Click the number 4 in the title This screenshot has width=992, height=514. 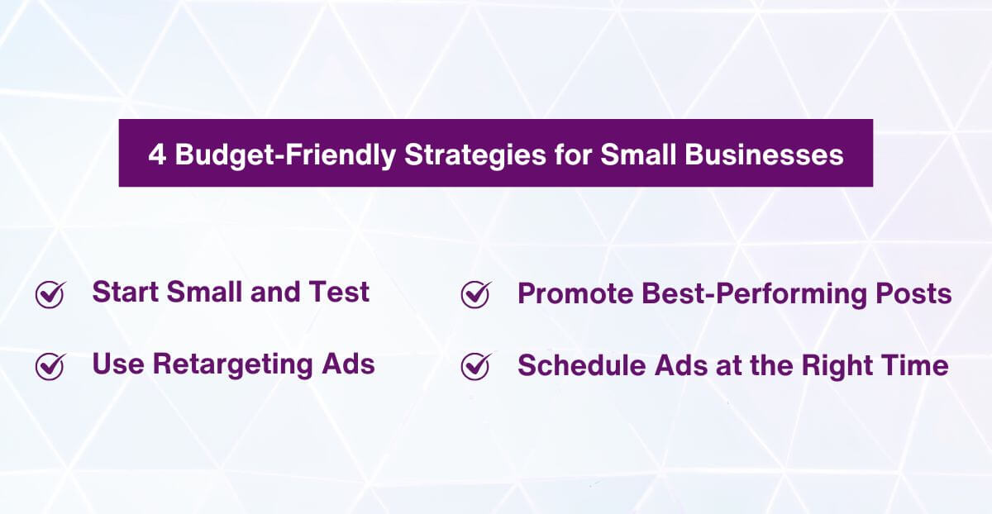157,155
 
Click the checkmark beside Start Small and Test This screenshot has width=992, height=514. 50,293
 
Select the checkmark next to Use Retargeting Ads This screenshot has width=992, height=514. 50,365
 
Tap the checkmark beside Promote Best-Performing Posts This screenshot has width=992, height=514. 475,293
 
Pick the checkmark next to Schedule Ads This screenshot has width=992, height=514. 475,365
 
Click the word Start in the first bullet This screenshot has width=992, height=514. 126,293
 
